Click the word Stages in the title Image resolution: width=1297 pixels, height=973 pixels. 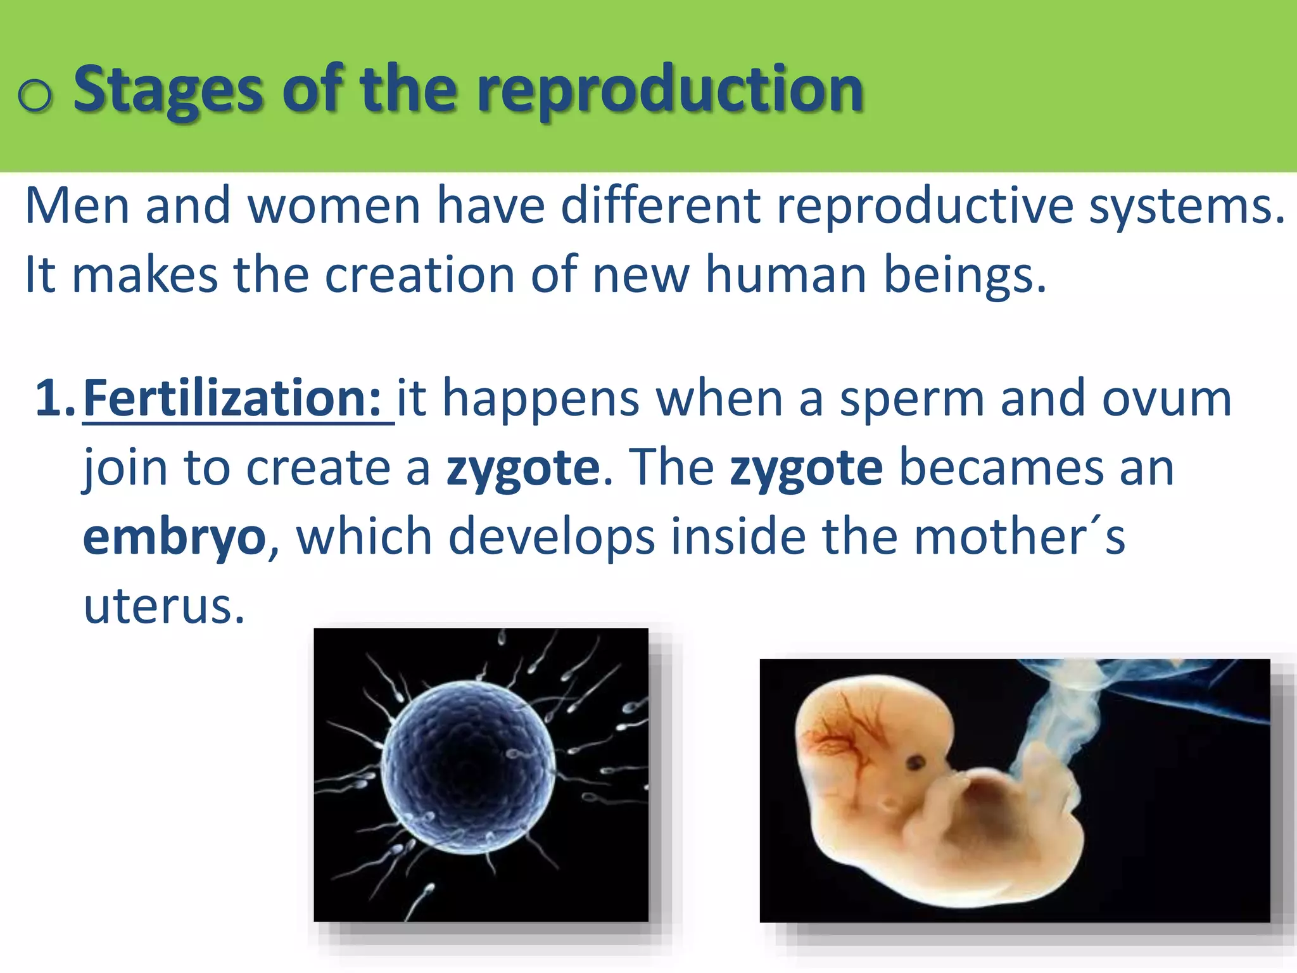[168, 90]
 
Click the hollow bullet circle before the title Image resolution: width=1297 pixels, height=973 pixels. [35, 96]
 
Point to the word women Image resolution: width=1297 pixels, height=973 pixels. [334, 207]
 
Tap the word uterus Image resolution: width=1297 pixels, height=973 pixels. [164, 607]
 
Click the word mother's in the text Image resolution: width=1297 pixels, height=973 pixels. [1020, 537]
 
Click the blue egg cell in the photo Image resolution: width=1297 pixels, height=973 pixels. [469, 766]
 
